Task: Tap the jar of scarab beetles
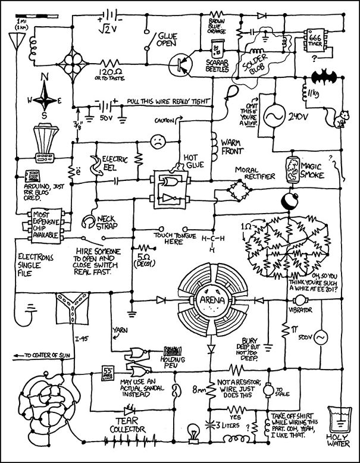[217, 46]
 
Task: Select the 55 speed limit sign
[108, 373]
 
